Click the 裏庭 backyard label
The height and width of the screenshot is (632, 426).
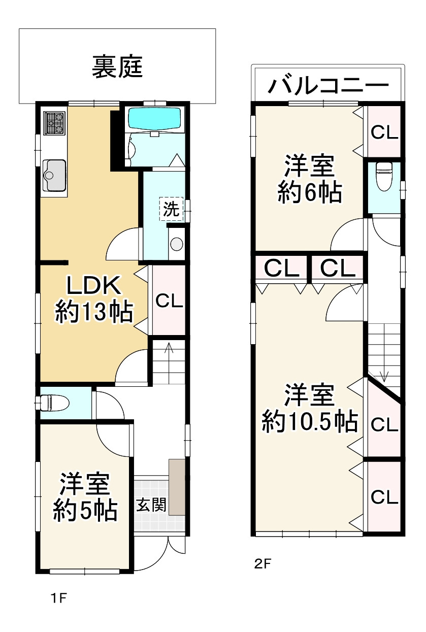pos(117,67)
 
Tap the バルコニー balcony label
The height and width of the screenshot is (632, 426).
pos(327,87)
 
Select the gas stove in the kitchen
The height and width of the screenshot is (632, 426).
pos(55,123)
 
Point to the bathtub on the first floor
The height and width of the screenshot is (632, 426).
pos(154,119)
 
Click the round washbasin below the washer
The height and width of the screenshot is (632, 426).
pos(176,244)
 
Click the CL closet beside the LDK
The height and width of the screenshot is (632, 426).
pos(169,301)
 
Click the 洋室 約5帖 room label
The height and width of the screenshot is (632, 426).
pos(85,497)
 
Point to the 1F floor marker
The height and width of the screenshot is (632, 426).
pos(59,598)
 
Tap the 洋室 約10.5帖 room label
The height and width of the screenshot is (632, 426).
pos(309,409)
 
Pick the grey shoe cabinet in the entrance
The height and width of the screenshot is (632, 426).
pos(177,487)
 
